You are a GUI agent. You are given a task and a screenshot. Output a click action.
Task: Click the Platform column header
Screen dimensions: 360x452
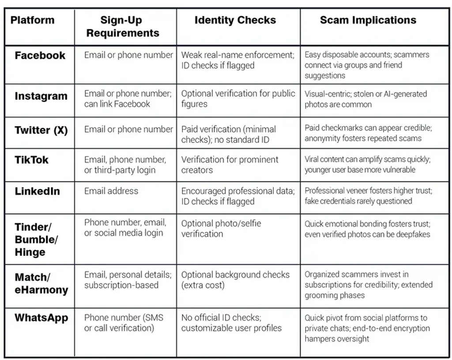33,20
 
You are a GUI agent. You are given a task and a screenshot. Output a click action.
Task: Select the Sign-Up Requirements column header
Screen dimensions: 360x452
123,27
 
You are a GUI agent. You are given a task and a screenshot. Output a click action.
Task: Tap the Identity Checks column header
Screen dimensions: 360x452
235,20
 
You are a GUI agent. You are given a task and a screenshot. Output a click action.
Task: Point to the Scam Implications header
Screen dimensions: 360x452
368,20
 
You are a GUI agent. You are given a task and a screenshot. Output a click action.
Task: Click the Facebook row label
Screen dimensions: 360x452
40,56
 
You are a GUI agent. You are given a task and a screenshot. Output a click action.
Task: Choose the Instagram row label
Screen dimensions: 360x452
41,96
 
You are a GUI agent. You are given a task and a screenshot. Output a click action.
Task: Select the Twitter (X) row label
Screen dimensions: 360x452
41,130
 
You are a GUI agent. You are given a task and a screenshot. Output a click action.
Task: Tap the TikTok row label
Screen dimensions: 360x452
31,160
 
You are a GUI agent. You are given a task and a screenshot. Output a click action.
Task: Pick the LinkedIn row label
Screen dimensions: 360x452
37,191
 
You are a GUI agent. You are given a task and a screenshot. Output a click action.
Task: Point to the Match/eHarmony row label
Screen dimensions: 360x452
41,284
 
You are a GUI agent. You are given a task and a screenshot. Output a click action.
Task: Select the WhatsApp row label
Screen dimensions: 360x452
41,318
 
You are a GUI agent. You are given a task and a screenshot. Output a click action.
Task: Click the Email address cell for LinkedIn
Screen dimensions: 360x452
111,191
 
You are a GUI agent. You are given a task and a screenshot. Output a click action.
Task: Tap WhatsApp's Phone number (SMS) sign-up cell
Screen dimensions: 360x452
124,323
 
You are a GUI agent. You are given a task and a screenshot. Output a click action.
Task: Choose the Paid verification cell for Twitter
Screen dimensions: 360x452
229,134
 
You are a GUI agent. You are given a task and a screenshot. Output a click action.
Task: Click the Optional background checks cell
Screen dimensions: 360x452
235,280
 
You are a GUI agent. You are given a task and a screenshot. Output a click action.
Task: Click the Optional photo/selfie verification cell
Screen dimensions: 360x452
221,228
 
